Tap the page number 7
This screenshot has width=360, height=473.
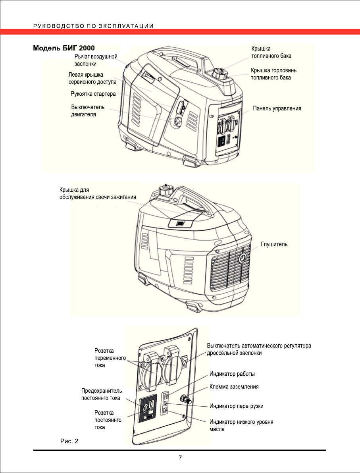180,458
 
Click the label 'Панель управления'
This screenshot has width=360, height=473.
277,108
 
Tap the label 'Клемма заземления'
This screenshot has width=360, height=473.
234,386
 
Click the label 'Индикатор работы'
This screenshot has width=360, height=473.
232,374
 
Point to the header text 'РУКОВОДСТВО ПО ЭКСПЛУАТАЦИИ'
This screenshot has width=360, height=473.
93,26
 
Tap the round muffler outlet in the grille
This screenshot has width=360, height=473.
242,258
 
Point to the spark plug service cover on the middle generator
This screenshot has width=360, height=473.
180,223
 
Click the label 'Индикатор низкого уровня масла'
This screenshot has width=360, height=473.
241,425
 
